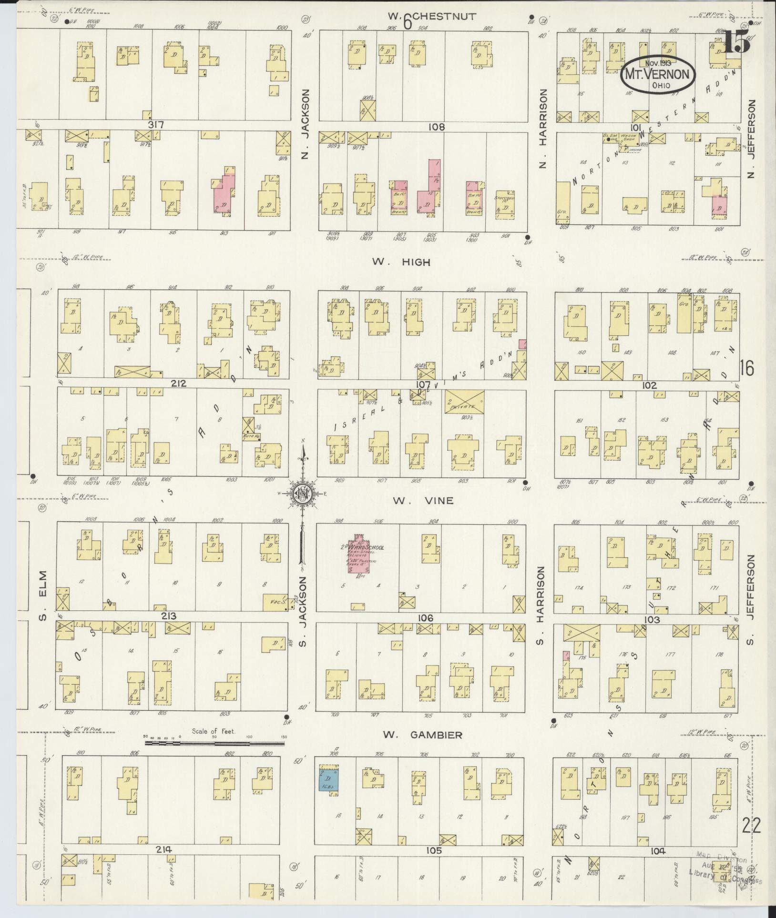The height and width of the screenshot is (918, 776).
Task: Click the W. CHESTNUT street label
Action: coord(431,17)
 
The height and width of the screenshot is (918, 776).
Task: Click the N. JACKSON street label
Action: coord(306,125)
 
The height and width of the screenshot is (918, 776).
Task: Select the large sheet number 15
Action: coord(736,44)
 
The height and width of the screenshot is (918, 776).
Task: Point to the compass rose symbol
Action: coord(302,494)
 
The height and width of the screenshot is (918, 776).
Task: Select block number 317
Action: coord(156,125)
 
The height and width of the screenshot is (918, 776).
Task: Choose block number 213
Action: coord(169,616)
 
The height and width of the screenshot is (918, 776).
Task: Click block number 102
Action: coord(649,385)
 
